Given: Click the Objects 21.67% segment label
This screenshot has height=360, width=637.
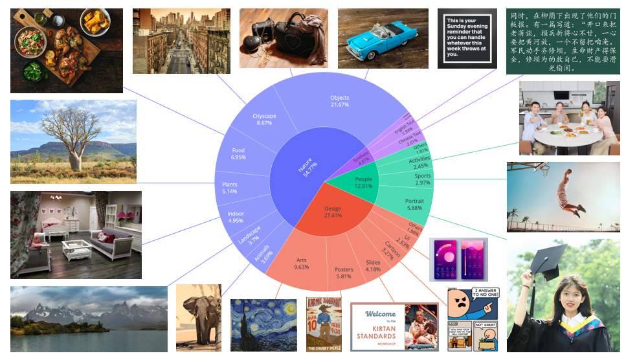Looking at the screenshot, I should point(339,101).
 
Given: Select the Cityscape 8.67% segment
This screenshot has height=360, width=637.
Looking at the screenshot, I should point(264,119).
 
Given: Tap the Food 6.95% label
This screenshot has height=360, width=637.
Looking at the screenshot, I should point(238,153).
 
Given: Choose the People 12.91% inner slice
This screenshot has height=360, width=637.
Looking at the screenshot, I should point(363,183).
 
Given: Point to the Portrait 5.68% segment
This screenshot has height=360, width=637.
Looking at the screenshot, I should point(414,205).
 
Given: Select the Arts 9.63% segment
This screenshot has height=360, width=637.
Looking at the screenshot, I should point(301,264).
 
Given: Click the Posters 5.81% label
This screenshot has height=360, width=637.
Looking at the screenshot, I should point(344,273).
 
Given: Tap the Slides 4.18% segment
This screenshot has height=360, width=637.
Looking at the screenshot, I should point(373,266).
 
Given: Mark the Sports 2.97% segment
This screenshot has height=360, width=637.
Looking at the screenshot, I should point(422,179).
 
